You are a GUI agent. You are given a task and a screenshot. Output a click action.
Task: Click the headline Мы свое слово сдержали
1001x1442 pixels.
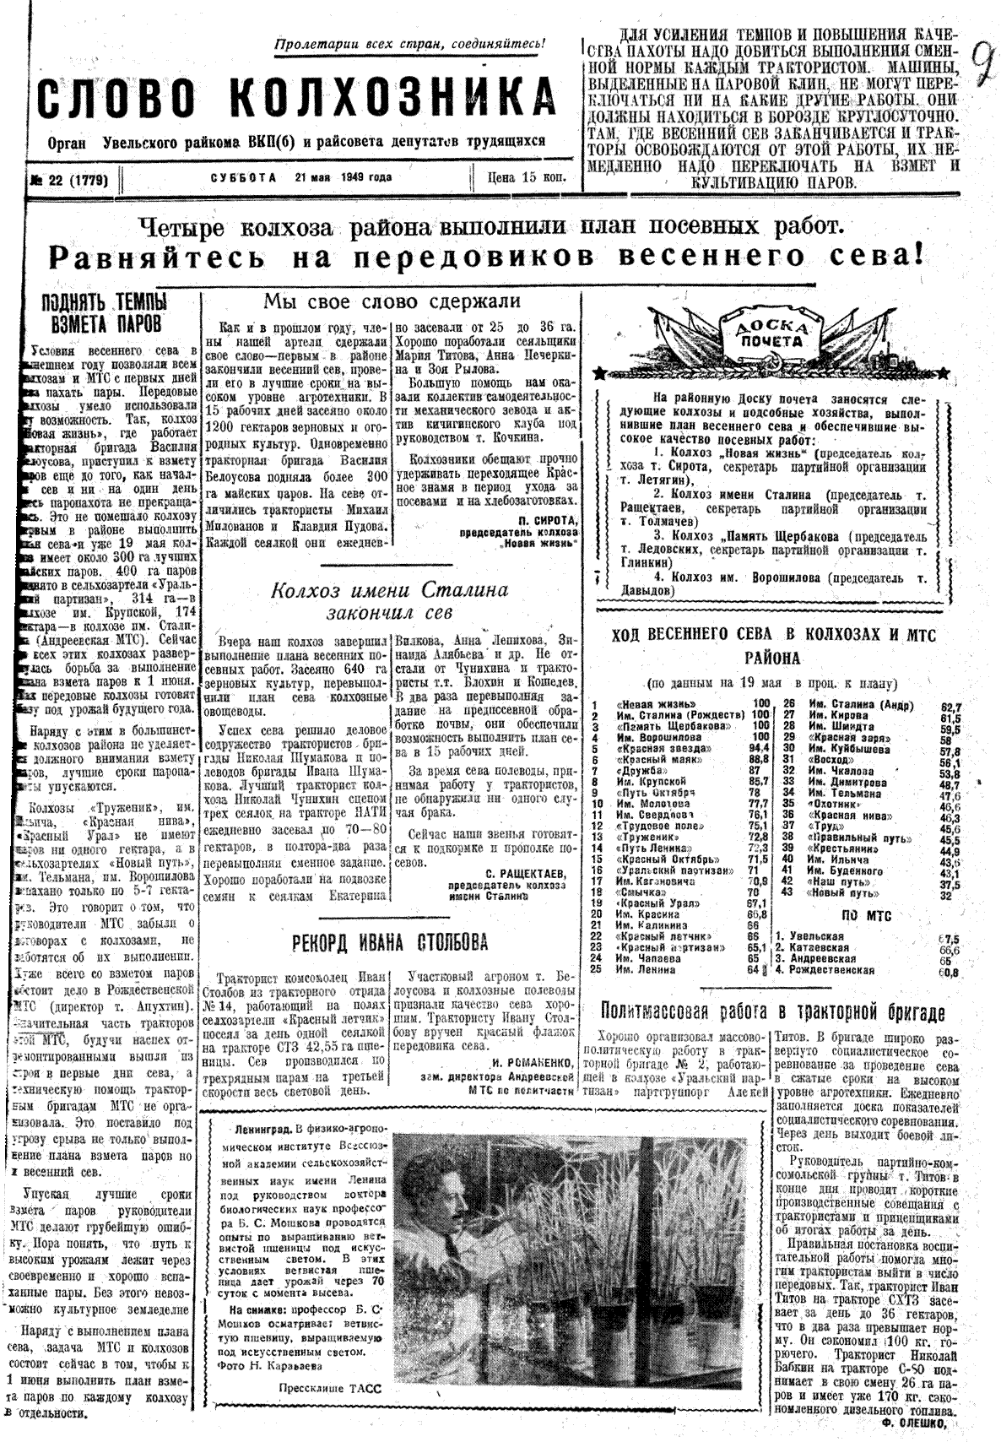(x=392, y=301)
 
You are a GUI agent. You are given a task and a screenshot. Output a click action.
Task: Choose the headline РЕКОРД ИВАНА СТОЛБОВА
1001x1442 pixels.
(x=390, y=942)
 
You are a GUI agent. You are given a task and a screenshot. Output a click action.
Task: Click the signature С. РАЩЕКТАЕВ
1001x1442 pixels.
(x=524, y=871)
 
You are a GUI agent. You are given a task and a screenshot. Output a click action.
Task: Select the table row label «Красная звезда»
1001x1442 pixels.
(x=649, y=746)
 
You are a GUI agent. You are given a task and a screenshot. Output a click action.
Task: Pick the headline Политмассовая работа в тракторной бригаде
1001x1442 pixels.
(x=773, y=1011)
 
